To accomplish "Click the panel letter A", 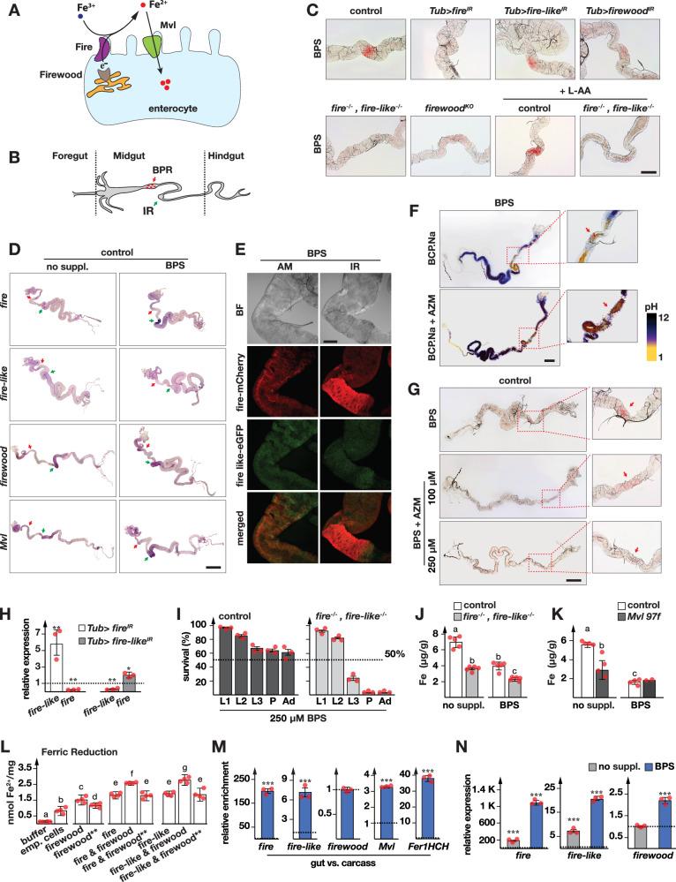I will pyautogui.click(x=11, y=12).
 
